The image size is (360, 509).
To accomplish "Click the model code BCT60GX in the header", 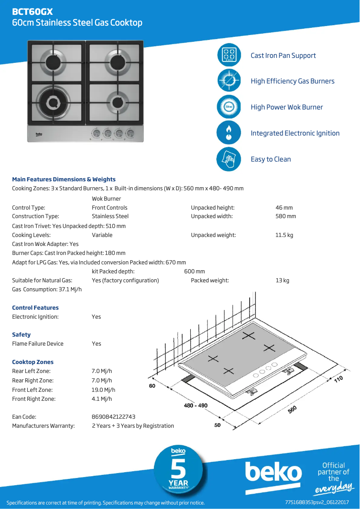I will click(x=32, y=12).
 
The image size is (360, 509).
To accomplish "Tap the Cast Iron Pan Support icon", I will click(x=229, y=55).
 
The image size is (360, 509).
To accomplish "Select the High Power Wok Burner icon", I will click(x=229, y=107).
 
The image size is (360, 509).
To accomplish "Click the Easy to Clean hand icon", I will click(x=229, y=159).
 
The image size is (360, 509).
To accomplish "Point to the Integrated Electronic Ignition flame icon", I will click(x=229, y=133).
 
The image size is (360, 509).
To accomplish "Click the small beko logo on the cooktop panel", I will click(x=39, y=133).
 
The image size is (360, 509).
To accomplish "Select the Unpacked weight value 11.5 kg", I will click(x=284, y=235).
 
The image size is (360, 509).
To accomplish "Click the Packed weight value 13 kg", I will click(x=282, y=281).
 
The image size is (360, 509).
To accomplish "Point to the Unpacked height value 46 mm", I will click(x=284, y=208).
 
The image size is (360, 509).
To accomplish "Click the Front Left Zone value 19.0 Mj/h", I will click(x=103, y=390).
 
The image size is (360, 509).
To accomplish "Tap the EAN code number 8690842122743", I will click(x=114, y=417).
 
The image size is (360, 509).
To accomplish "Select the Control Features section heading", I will click(x=35, y=307).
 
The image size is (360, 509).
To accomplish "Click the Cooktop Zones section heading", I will click(x=33, y=362).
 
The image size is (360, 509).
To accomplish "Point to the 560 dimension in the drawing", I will click(x=292, y=409).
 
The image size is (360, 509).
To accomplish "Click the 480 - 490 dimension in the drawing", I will click(x=196, y=405).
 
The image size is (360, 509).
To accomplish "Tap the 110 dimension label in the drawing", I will click(x=338, y=380).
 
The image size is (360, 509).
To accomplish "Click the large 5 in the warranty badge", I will click(x=179, y=470).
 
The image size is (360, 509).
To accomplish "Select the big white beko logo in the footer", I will click(x=273, y=473).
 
